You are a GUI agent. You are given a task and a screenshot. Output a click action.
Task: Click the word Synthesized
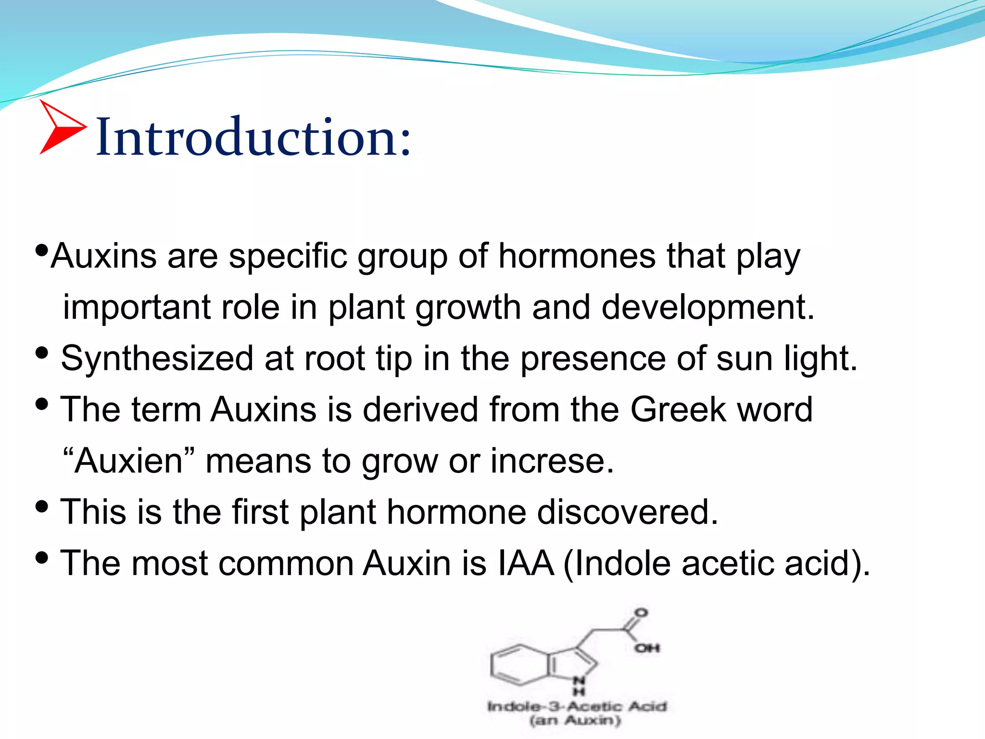pos(157,359)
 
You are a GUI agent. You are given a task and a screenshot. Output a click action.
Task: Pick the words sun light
pos(786,359)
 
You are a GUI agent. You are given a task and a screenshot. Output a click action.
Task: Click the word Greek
pos(678,410)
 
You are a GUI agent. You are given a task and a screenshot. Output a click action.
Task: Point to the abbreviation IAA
pos(526,563)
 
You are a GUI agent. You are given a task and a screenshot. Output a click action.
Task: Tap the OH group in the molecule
pos(647,648)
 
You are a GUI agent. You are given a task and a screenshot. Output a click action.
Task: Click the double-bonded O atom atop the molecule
pos(641,613)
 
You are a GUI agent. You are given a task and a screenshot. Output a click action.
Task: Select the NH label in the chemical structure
pos(580,685)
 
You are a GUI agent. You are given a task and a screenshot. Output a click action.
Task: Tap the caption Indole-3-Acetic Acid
pos(577,706)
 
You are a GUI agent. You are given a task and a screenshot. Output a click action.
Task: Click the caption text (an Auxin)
pos(575,721)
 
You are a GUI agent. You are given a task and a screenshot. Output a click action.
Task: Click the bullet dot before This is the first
pos(42,506)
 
